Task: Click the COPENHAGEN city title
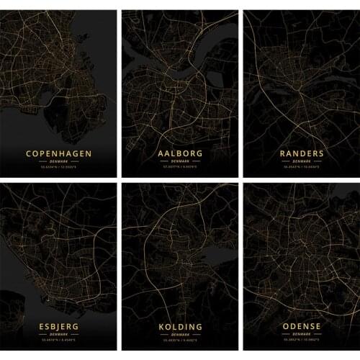[59, 153]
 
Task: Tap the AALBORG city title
[180, 153]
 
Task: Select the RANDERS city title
[302, 153]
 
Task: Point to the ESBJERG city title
[59, 327]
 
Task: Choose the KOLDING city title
[180, 327]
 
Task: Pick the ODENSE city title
[302, 327]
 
